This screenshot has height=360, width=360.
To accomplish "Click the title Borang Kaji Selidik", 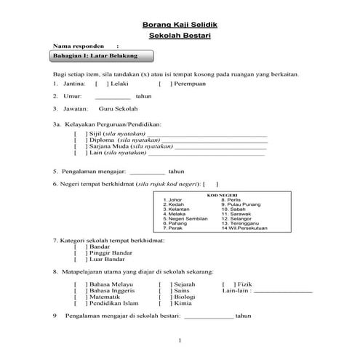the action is pos(179,25).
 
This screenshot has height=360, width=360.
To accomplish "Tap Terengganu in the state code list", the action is pos(239,224).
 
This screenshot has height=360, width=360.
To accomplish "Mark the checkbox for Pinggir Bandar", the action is pos(79,252).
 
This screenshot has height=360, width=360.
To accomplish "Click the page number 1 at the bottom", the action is pos(179,340).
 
